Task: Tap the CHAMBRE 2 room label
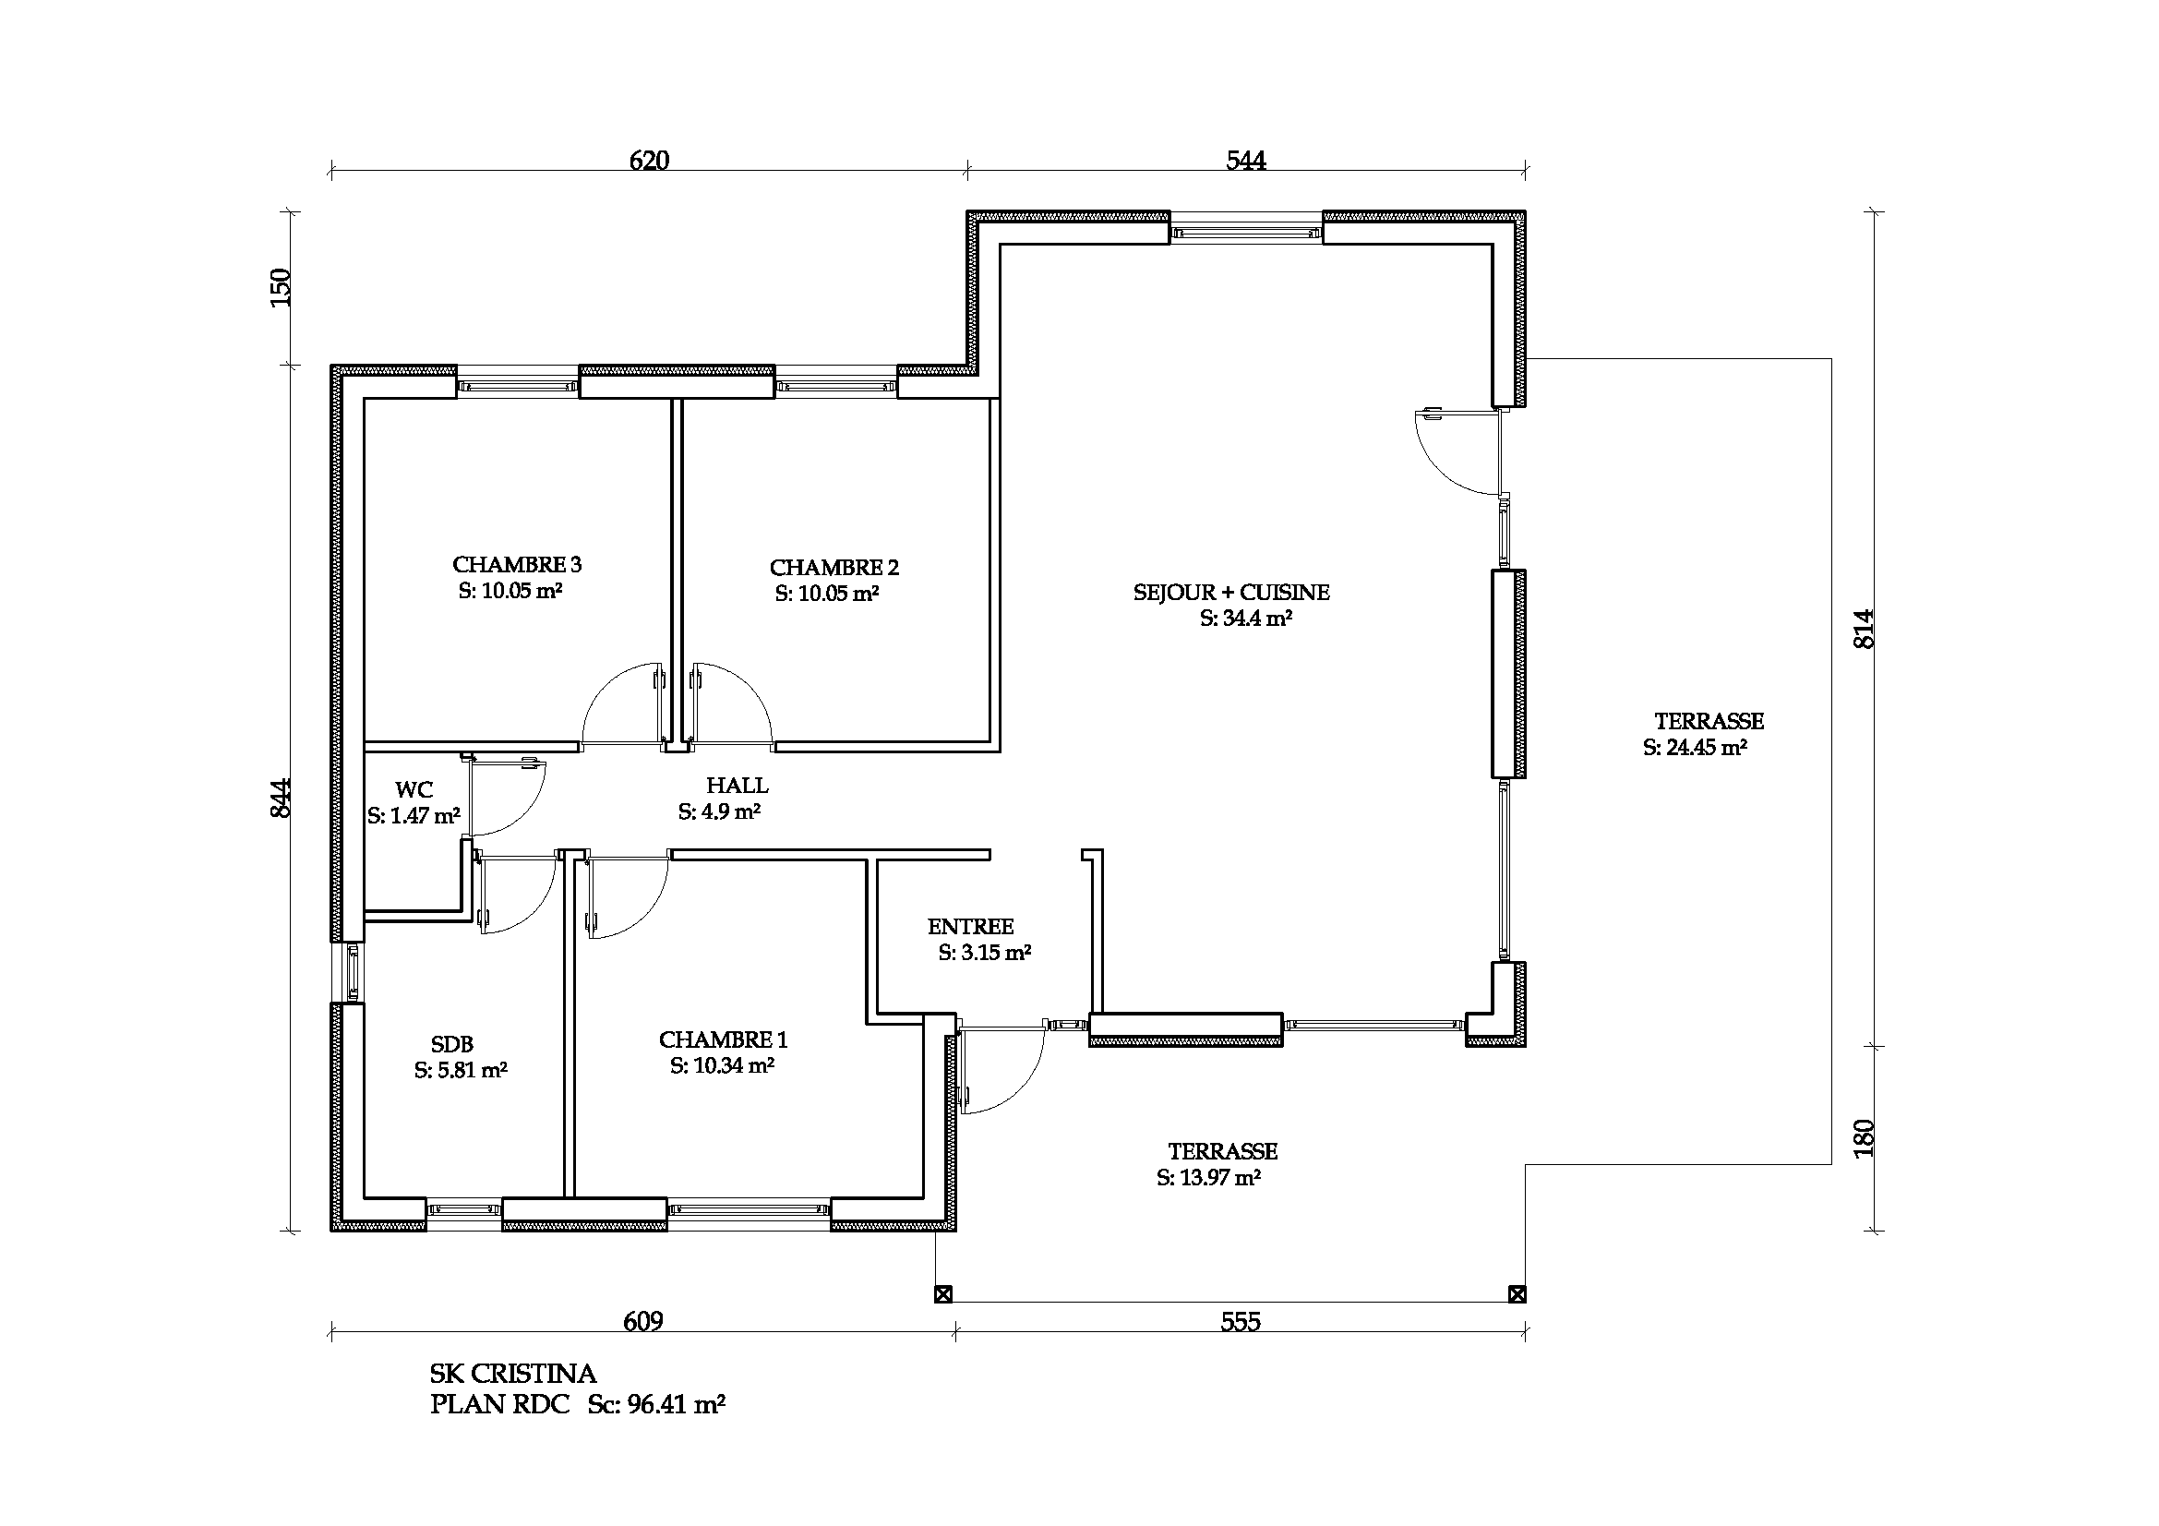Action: point(834,568)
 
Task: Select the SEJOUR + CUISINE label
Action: point(1232,593)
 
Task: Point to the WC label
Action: point(414,790)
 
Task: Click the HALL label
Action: point(738,785)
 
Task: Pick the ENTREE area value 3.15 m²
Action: point(985,953)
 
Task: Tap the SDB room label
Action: point(452,1044)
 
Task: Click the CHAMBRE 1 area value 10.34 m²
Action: point(722,1065)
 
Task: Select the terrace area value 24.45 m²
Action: point(1696,748)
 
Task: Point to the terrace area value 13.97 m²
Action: point(1209,1177)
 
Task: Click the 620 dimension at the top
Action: point(649,161)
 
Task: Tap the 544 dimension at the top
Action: point(1246,161)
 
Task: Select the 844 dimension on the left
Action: point(282,799)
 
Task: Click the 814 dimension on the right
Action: point(1864,629)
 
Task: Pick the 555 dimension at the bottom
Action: point(1241,1322)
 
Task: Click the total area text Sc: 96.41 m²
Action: point(656,1405)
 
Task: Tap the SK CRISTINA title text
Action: point(512,1374)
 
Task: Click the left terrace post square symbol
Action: point(943,1294)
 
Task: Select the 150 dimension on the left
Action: point(282,288)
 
